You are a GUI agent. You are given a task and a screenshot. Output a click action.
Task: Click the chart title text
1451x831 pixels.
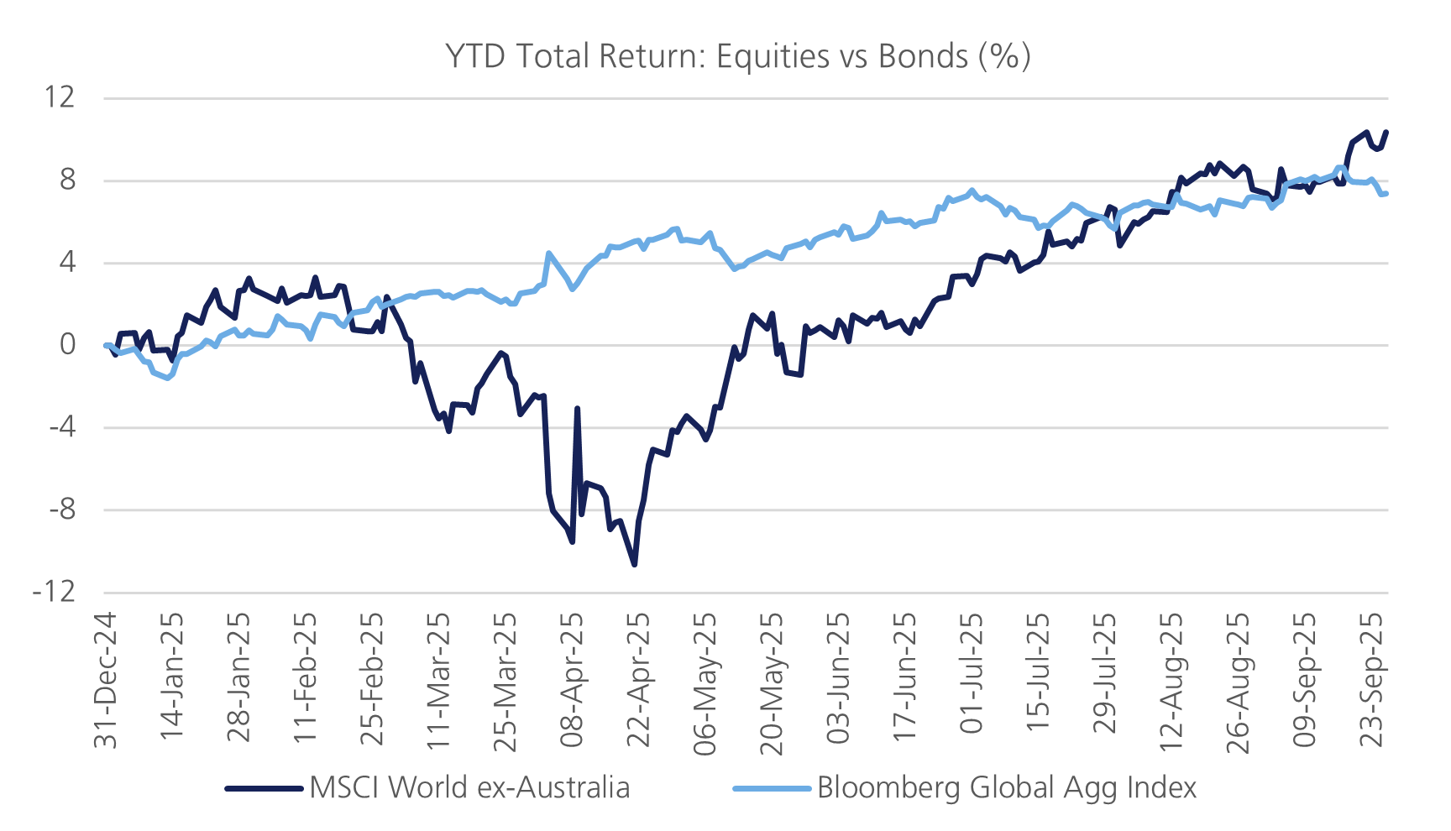737,56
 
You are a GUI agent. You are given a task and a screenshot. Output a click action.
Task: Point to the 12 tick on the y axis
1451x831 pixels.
60,97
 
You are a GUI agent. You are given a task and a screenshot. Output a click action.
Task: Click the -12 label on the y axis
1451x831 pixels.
55,592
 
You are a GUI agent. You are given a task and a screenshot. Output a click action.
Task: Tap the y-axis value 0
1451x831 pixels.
67,344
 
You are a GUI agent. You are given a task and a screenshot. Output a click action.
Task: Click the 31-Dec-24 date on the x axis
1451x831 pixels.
106,680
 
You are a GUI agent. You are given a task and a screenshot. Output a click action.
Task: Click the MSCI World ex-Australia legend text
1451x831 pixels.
469,787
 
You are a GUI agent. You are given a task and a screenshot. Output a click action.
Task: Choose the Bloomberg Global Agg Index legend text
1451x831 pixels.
1006,787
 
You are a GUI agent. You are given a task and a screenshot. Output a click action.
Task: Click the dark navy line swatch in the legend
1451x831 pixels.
264,788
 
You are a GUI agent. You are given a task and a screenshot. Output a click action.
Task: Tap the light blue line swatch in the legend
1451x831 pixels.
772,788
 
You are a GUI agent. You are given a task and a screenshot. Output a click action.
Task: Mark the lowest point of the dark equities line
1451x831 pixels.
634,564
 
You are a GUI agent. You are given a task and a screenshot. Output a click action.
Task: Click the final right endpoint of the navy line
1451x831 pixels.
1386,132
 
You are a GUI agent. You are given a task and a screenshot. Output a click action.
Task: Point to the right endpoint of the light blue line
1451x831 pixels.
1386,194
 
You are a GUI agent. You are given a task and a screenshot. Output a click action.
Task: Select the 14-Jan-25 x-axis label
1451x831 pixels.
172,680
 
